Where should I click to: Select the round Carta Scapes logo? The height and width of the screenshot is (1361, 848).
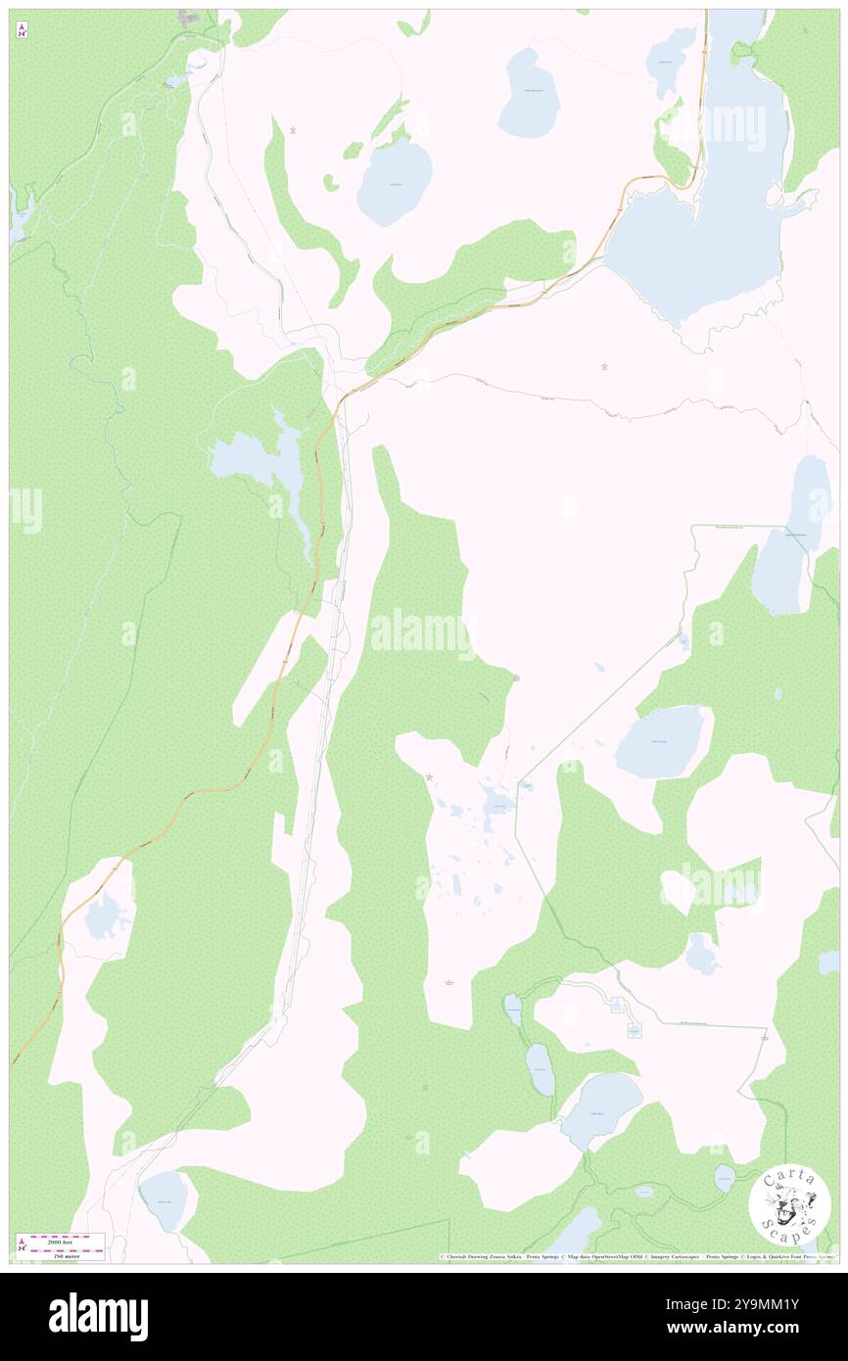pos(789,1207)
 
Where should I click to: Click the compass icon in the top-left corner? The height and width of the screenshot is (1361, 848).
pos(22,29)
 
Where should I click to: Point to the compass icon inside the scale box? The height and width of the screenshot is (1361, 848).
pos(22,1246)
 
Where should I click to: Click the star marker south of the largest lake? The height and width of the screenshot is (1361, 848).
pos(604,367)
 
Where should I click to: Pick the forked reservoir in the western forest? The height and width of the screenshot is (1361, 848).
pos(264,460)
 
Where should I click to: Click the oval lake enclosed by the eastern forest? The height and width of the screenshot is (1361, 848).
pos(661,741)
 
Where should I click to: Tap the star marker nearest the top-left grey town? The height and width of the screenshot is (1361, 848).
pos(295,129)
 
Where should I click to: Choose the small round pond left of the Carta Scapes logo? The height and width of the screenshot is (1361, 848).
pos(724,1178)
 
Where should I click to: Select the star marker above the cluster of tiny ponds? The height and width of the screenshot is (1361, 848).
pos(429,777)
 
